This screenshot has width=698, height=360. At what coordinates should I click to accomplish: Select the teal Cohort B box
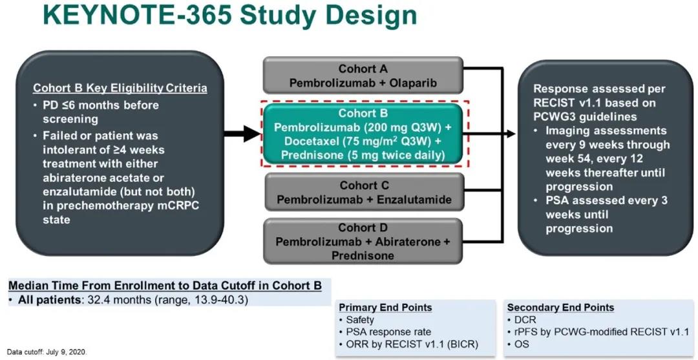click(366, 134)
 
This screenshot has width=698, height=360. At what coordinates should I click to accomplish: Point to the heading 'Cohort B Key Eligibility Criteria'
click(120, 89)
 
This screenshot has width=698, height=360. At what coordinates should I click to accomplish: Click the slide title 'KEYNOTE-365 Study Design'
click(229, 17)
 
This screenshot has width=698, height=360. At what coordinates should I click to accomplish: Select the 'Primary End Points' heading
click(385, 308)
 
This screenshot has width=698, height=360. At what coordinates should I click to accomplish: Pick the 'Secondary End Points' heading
click(560, 308)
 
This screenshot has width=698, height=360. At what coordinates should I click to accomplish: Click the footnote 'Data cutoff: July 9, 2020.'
click(47, 352)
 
